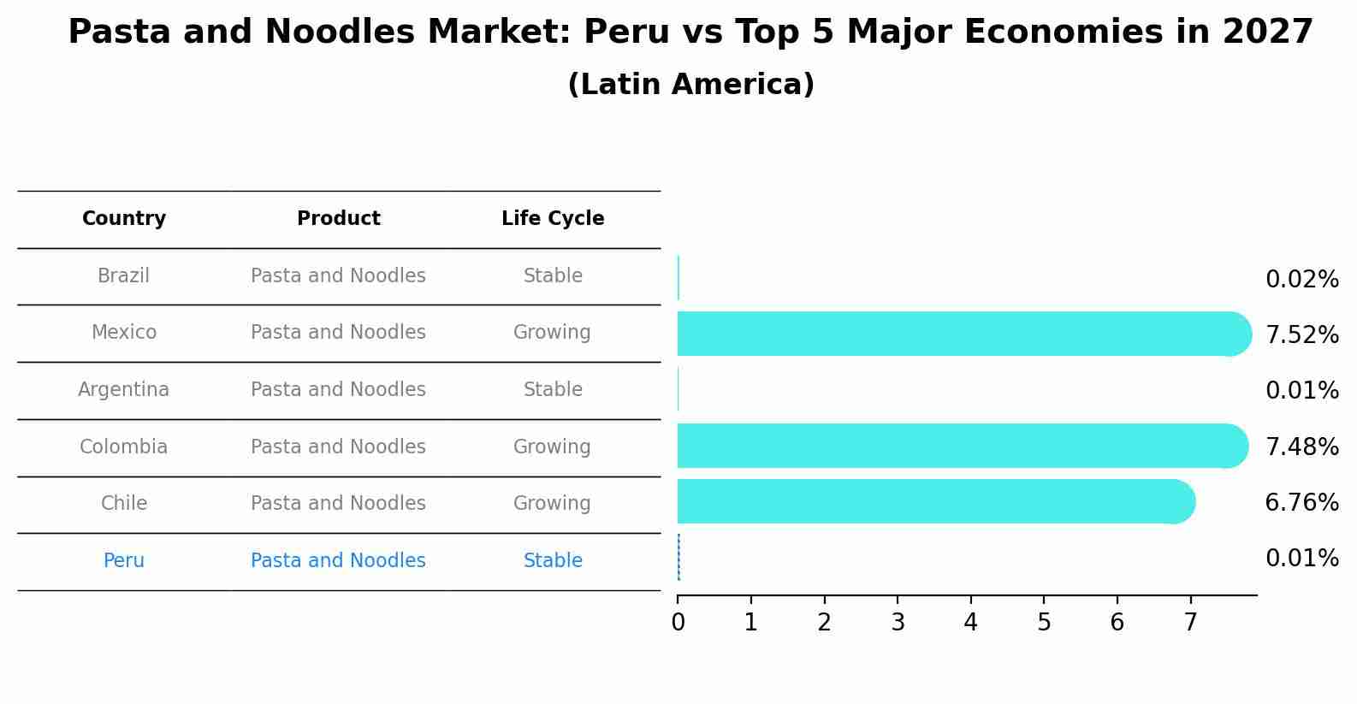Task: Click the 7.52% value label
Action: pos(1301,335)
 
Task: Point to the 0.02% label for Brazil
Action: pos(1301,280)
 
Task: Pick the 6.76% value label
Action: pos(1301,503)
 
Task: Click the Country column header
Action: pos(124,219)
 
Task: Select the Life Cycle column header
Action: pos(553,219)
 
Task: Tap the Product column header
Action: pos(338,219)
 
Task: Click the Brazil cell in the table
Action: pos(124,276)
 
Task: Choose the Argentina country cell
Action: pos(124,390)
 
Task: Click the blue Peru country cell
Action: pos(124,561)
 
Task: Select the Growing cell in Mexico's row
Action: pos(552,333)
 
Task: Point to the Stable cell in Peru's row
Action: pos(553,561)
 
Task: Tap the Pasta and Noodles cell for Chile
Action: pos(338,504)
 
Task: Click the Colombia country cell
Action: pos(124,447)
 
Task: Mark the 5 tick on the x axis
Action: pos(1044,623)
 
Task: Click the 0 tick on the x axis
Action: pos(678,623)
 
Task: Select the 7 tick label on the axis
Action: pos(1190,623)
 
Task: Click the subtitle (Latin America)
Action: pos(690,85)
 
